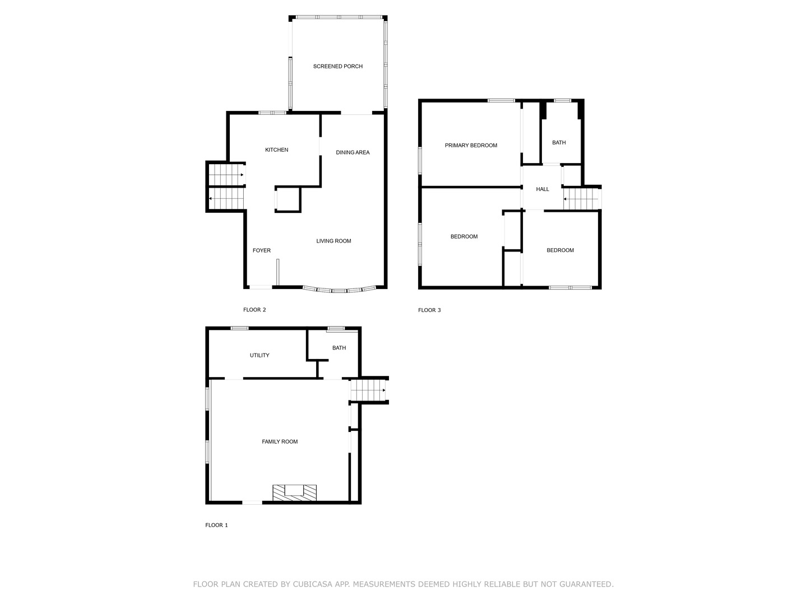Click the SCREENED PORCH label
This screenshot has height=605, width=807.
coord(337,67)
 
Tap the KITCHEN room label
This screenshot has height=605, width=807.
coord(276,150)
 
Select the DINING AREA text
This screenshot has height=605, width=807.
coord(353,152)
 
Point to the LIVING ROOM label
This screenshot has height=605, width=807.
coord(333,241)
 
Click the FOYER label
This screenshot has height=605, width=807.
coord(261,251)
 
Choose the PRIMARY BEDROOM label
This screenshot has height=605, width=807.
coord(471,146)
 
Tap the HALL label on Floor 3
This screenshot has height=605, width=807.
coord(542,189)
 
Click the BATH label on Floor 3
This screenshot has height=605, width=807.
coord(559,143)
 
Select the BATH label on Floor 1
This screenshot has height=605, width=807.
coord(338,348)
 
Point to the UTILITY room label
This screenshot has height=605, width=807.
coord(259,356)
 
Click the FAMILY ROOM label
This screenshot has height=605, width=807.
coord(280,442)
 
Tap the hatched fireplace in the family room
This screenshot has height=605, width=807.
coord(294,492)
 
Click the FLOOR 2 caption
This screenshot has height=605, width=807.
coord(254,310)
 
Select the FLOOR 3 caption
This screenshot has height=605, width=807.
coord(429,310)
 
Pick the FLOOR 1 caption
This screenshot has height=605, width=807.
coord(216,525)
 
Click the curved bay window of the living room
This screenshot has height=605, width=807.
coord(339,291)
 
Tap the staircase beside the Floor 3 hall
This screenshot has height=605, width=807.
coord(581,199)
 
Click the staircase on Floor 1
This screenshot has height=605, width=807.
coord(368,390)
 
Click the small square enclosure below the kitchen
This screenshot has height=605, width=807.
coord(288,199)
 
